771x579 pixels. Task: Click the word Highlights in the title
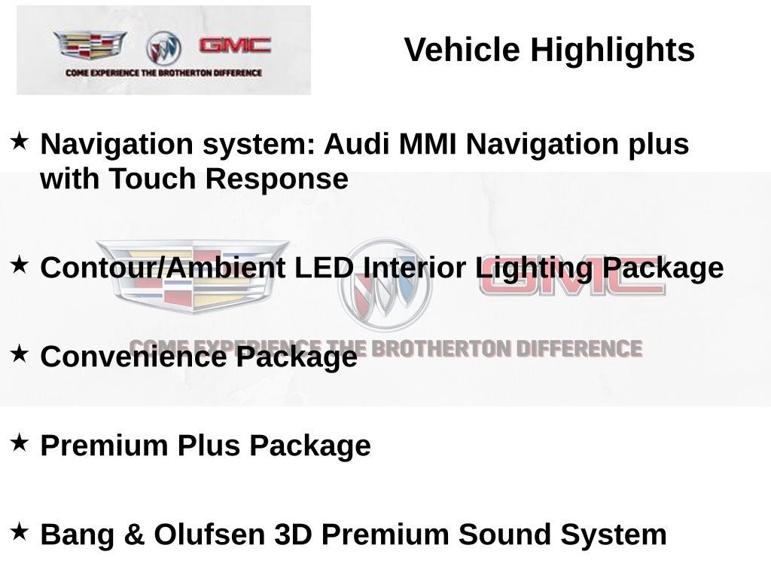pyautogui.click(x=612, y=51)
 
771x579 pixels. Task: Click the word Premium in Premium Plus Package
pyautogui.click(x=105, y=446)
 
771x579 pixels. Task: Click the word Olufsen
pyautogui.click(x=210, y=535)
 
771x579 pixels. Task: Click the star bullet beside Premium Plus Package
pyautogui.click(x=20, y=443)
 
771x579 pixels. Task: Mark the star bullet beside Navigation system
pyautogui.click(x=20, y=140)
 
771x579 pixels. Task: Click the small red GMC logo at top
pyautogui.click(x=235, y=45)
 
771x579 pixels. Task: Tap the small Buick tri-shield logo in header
pyautogui.click(x=163, y=47)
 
